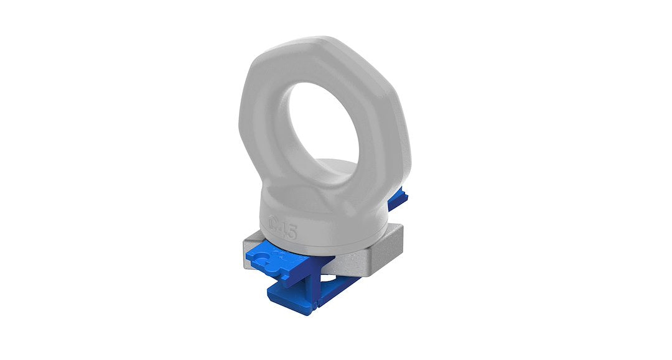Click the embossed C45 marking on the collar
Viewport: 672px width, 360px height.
284,231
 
